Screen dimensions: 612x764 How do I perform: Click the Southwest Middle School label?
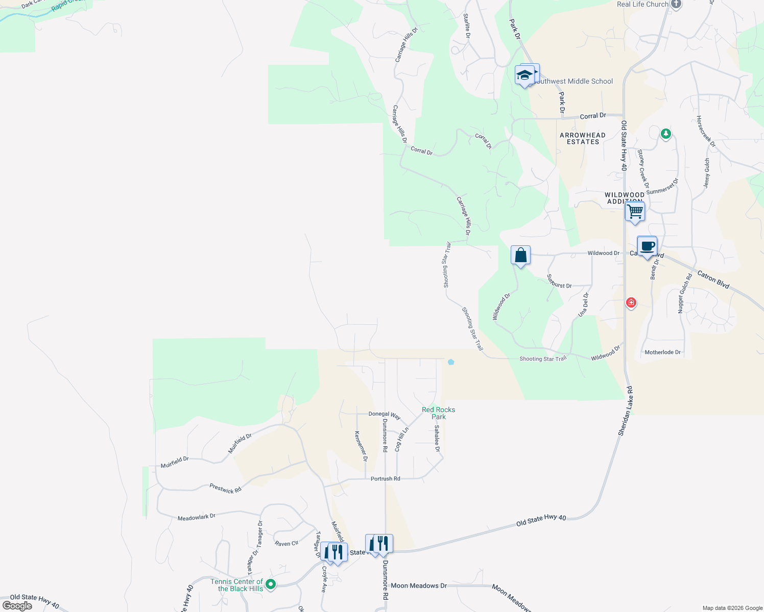[572, 81]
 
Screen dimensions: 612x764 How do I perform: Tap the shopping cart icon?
[635, 211]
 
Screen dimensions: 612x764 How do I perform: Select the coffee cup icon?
[647, 247]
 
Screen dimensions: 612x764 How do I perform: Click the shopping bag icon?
[520, 255]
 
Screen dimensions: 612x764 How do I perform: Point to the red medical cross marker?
[631, 303]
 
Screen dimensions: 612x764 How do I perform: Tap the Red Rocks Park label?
[438, 413]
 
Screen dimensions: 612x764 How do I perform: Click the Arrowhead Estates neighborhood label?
[583, 138]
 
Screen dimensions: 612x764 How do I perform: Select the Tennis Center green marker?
[271, 584]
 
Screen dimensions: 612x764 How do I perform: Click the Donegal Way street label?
[385, 415]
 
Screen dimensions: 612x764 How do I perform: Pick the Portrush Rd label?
[385, 479]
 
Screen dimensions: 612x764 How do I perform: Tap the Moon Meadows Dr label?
[419, 585]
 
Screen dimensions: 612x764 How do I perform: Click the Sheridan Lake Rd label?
[626, 411]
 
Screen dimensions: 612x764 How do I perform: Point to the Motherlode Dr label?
[662, 352]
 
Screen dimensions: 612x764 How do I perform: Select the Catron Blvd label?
[713, 279]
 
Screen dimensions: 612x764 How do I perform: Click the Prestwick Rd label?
[225, 489]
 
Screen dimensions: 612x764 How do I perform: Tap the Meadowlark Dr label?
[197, 517]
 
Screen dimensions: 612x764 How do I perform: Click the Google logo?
[17, 606]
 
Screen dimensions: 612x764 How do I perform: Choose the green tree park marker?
[665, 134]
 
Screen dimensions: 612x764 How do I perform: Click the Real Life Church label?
[642, 4]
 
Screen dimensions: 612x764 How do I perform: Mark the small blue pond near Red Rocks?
[450, 362]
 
